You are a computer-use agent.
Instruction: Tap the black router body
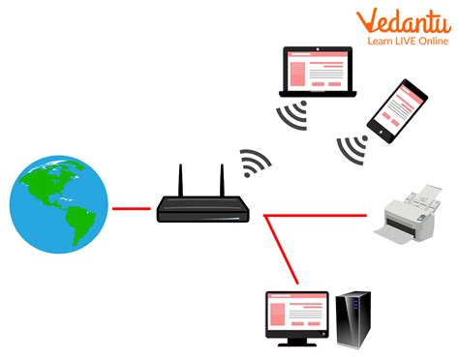click(201, 206)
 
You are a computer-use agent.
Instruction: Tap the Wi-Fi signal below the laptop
click(292, 116)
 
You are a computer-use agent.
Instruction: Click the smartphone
click(396, 107)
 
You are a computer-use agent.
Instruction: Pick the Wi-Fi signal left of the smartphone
click(351, 146)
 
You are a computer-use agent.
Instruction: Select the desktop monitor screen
click(294, 311)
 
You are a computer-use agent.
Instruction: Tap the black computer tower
click(354, 318)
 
